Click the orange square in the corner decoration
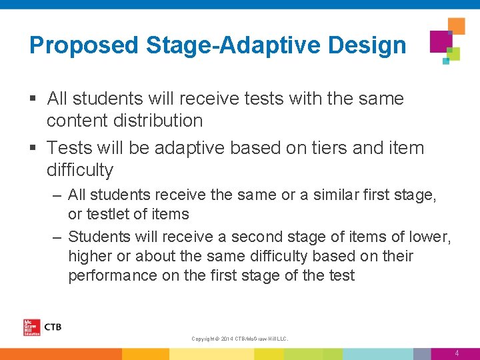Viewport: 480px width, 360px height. (457, 26)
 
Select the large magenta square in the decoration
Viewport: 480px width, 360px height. (441, 41)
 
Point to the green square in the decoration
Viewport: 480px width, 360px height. (454, 54)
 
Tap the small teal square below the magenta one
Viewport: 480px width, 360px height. (446, 61)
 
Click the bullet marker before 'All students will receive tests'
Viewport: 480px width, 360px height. (33, 99)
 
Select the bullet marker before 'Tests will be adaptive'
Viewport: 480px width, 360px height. (33, 148)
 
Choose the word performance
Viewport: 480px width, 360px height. (113, 275)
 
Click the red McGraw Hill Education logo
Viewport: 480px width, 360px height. (31, 327)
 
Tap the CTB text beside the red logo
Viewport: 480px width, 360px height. (52, 327)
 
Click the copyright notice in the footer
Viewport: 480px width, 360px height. (240, 339)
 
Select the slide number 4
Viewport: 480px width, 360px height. (457, 353)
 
